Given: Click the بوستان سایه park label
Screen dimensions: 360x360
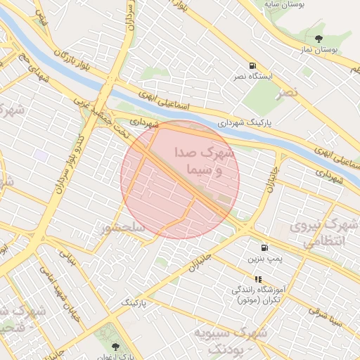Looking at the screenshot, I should (283, 5).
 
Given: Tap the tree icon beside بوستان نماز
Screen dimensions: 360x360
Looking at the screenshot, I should (319, 39).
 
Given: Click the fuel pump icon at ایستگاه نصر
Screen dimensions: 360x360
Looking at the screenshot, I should (253, 65).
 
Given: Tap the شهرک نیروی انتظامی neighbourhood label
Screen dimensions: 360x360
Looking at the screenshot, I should (325, 233).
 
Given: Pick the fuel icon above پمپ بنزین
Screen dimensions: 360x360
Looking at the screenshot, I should (264, 247).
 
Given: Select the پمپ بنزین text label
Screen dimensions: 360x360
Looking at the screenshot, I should (264, 259).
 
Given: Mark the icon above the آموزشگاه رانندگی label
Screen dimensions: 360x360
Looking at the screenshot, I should (257, 279).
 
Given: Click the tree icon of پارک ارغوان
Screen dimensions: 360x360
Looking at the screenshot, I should (115, 345).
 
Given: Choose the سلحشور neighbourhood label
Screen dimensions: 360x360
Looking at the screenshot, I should (123, 228).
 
